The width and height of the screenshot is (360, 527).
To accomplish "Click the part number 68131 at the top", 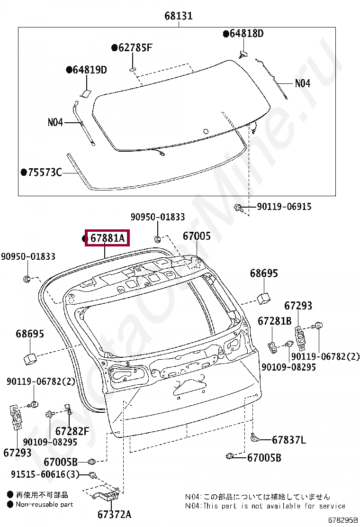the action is click(179, 16).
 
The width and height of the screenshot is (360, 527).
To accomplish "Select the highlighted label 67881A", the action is click(107, 238).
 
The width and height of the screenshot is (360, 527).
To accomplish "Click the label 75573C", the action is click(45, 172).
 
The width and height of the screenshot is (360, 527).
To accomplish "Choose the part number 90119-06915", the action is click(284, 207).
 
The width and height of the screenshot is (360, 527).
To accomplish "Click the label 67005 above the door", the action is click(197, 236).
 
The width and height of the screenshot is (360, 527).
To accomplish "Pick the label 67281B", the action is click(274, 321).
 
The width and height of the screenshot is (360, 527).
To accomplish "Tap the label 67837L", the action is click(288, 440).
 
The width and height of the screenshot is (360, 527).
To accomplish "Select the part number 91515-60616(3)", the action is click(45, 474).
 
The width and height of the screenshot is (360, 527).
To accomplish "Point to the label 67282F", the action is click(72, 431).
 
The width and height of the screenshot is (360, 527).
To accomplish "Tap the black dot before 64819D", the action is click(69, 70).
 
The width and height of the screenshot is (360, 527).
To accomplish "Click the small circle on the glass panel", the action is click(205, 131).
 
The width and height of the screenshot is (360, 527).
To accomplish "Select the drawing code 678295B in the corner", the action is click(342, 520).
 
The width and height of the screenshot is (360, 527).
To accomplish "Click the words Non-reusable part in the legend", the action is click(45, 504).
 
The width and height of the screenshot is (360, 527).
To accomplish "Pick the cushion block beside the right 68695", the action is click(263, 297).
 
